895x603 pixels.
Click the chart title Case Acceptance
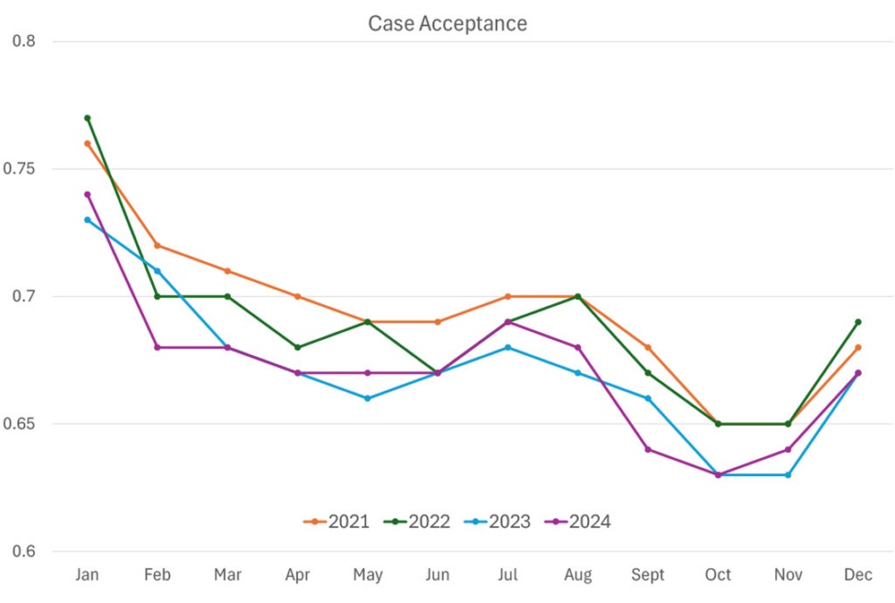[x=447, y=23]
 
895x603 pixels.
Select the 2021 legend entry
[x=337, y=522]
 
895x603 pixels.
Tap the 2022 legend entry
[x=417, y=522]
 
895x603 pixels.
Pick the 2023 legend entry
[x=498, y=522]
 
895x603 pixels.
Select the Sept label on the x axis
[x=647, y=574]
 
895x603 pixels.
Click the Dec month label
[x=858, y=574]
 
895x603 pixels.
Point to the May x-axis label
[x=367, y=574]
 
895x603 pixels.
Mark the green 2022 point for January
[x=87, y=118]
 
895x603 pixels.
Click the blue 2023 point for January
[x=87, y=220]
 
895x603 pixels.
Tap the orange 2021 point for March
[x=227, y=271]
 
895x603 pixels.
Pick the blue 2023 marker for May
[x=367, y=398]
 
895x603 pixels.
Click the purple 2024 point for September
[x=648, y=449]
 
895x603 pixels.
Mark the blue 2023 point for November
[x=788, y=475]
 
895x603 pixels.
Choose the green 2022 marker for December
[x=858, y=322]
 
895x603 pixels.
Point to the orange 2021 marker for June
[x=438, y=322]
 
